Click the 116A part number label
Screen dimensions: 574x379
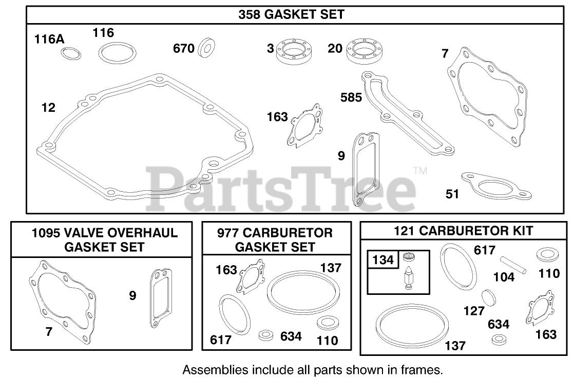click(49, 39)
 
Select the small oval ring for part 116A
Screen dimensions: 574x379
click(71, 54)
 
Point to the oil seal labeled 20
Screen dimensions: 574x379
click(364, 51)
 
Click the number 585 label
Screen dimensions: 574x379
click(351, 97)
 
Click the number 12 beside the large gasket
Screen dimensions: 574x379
click(48, 108)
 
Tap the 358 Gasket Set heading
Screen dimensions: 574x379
click(292, 14)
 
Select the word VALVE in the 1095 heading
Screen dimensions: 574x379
click(84, 233)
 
